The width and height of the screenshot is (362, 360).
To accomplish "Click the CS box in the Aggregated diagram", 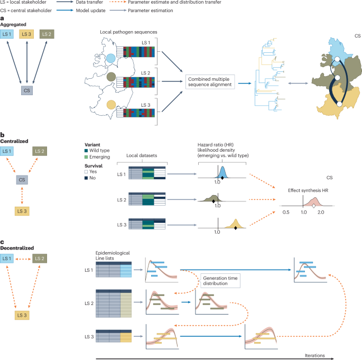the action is pyautogui.click(x=27, y=90).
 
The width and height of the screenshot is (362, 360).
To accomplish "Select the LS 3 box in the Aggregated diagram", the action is pyautogui.click(x=26, y=34).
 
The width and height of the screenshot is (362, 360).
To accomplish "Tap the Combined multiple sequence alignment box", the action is pyautogui.click(x=210, y=82).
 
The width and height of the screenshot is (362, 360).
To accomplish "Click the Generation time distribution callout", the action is pyautogui.click(x=220, y=281).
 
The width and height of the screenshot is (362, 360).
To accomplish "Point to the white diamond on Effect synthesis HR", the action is pyautogui.click(x=313, y=206).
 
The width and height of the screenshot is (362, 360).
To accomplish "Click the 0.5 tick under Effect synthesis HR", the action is pyautogui.click(x=286, y=212).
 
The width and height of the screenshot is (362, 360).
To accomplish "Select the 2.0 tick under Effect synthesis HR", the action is pyautogui.click(x=321, y=212).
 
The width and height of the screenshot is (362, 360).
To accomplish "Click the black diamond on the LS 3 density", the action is pyautogui.click(x=236, y=228).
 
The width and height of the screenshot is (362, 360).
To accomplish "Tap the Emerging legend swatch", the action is pyautogui.click(x=86, y=157).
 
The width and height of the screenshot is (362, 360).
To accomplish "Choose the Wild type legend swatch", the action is pyautogui.click(x=86, y=151).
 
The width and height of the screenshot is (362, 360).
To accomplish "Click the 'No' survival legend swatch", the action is pyautogui.click(x=86, y=178).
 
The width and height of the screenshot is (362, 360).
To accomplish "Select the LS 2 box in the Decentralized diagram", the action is pyautogui.click(x=40, y=259).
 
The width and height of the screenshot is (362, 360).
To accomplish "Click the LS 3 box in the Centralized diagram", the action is pyautogui.click(x=22, y=211).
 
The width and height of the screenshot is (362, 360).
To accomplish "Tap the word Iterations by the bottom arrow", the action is pyautogui.click(x=314, y=356).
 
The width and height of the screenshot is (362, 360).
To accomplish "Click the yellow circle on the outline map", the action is pyautogui.click(x=111, y=105).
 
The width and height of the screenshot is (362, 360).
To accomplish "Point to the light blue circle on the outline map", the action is pyautogui.click(x=110, y=59).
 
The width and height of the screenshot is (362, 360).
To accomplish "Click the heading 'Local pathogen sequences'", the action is pyautogui.click(x=128, y=32).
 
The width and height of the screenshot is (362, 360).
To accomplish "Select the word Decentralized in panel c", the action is pyautogui.click(x=17, y=248).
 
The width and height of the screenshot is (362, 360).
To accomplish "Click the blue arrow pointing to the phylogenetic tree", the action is pyautogui.click(x=245, y=83).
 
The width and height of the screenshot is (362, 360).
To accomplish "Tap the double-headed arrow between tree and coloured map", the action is pyautogui.click(x=298, y=83).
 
